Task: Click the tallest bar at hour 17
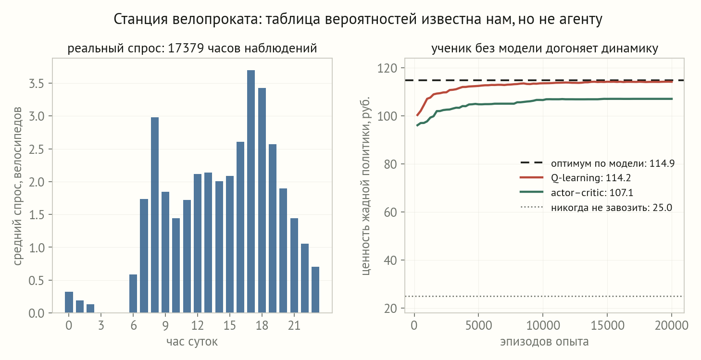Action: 250,191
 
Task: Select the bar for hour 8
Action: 155,215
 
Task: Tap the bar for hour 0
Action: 69,302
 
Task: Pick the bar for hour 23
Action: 315,290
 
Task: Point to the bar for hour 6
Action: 133,294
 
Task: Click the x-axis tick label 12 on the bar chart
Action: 198,325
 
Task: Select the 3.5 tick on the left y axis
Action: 36,84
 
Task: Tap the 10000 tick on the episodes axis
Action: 543,325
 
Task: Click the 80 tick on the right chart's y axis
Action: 390,164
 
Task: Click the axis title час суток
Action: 192,342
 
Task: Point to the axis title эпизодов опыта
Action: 544,342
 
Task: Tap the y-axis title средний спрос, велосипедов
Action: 17,186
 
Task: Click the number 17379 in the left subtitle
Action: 186,49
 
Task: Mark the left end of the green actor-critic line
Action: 417,125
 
